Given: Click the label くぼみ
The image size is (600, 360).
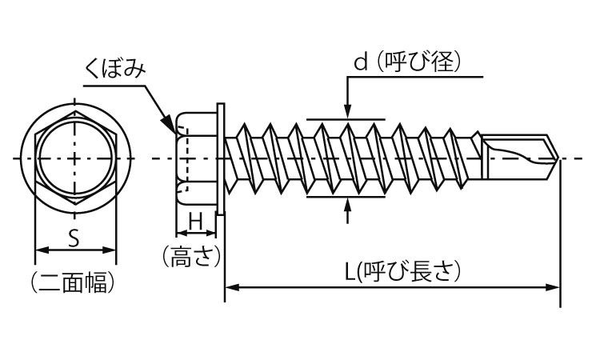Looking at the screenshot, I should pos(116,70).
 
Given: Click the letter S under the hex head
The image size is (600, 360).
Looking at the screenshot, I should pos(73,237).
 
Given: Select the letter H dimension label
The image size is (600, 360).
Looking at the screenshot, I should pos(195,220).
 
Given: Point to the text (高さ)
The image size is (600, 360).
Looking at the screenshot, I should pos(190,257).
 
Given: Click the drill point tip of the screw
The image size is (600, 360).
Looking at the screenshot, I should pos(557,159).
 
